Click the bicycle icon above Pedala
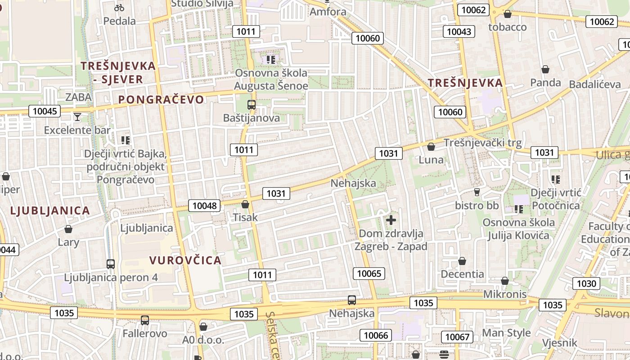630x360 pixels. [119, 7]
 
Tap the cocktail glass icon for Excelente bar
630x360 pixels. [77, 117]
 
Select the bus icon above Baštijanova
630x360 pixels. [251, 105]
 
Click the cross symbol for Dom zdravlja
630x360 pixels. [391, 220]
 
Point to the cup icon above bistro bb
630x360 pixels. [477, 192]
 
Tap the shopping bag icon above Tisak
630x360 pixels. [245, 204]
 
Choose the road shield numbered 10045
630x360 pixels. [45, 111]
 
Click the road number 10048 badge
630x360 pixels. [204, 206]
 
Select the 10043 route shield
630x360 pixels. [459, 31]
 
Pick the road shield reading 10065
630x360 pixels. [369, 273]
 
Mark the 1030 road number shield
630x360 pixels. [586, 283]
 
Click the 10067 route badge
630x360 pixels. [457, 337]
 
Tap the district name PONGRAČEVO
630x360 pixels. [161, 99]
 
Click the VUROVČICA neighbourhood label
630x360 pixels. [185, 261]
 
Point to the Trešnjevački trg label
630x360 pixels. [483, 143]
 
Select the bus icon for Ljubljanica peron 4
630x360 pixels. [111, 264]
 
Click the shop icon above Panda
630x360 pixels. [545, 69]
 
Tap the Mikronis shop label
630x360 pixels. [504, 294]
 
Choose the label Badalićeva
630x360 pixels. [594, 84]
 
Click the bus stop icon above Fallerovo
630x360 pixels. [144, 320]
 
